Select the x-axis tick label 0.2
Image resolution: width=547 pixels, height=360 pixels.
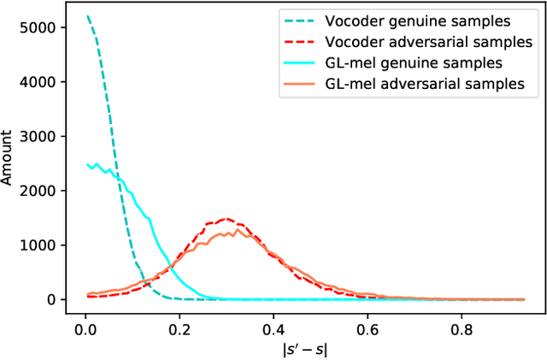click(179, 326)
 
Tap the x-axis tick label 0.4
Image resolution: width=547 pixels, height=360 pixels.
click(273, 326)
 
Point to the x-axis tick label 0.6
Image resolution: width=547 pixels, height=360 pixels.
click(368, 326)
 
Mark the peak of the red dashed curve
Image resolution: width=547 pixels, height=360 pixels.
click(226, 219)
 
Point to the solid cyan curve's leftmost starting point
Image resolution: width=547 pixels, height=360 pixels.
click(86, 165)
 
